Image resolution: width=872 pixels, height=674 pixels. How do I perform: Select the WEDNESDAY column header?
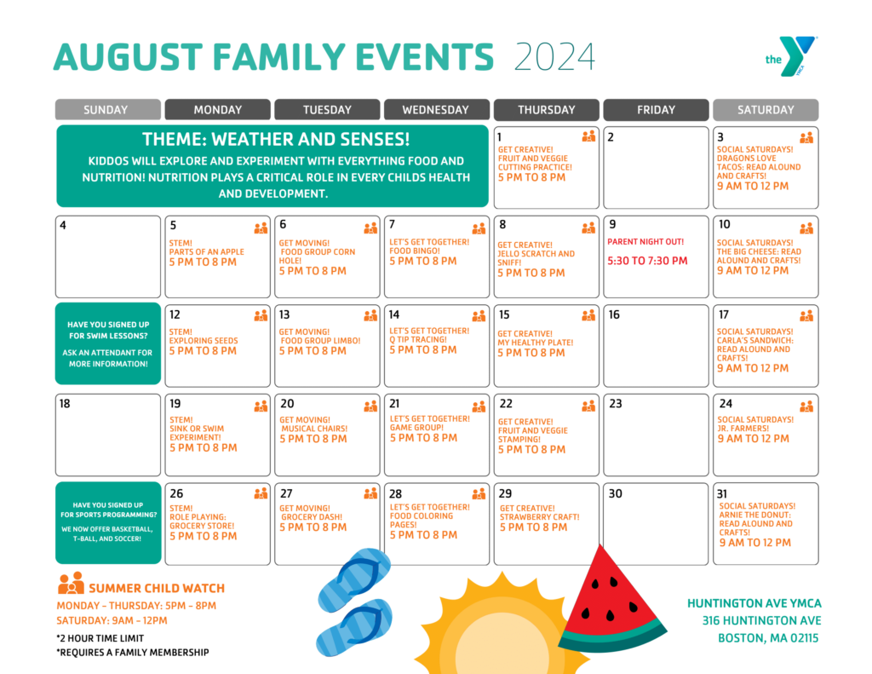coord(436,110)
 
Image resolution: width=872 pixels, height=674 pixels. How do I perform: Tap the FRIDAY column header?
coord(656,110)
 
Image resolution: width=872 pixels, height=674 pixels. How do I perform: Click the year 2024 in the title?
coord(554,57)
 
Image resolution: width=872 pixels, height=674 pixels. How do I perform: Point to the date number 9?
coord(612,225)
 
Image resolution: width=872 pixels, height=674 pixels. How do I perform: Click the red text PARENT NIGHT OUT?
coord(645,242)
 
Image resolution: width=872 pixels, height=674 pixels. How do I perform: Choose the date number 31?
coord(722,493)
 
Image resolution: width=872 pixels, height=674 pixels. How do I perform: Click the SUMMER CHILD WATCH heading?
coord(157,588)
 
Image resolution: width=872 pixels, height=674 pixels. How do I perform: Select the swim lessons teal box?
coord(108,343)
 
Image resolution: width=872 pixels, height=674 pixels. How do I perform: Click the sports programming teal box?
coord(108,521)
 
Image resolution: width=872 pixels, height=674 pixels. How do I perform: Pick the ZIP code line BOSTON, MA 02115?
coord(767,638)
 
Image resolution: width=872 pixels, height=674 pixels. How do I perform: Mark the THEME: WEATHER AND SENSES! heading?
coord(276,140)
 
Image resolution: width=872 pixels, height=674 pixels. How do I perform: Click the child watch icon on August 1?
coord(588,136)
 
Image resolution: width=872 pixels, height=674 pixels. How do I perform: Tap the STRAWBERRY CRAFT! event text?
coord(540,517)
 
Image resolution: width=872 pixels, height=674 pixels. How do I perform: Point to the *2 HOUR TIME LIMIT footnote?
coord(100,638)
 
